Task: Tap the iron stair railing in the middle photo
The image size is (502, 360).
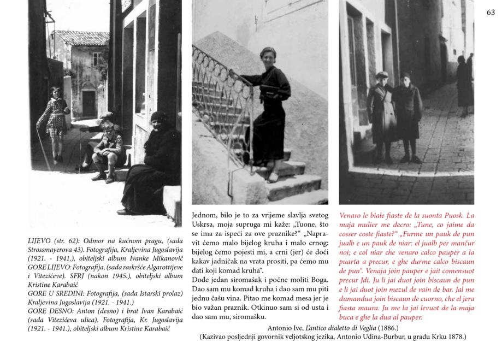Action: click(218, 104)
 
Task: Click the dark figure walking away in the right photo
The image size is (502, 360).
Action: click(464, 85)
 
